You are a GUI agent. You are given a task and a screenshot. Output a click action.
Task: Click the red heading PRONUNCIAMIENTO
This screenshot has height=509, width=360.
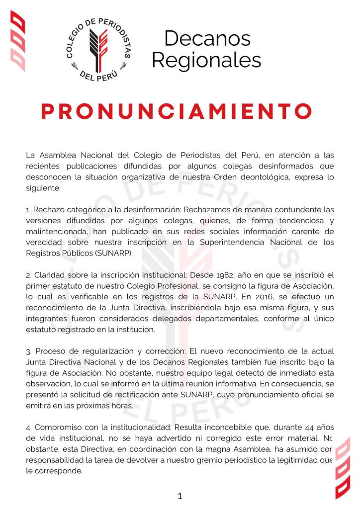click(x=177, y=111)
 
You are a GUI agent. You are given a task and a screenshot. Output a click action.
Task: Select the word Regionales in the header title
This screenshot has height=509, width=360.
click(x=206, y=60)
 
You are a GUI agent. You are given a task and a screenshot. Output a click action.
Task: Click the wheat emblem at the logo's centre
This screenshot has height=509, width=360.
click(x=99, y=47)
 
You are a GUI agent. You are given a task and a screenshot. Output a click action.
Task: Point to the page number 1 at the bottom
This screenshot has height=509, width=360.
click(x=180, y=496)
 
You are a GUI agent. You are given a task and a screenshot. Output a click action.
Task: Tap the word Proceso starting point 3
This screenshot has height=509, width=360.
click(x=48, y=351)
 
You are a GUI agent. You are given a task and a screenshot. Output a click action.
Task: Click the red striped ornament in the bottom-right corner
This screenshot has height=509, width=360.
click(x=342, y=467)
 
